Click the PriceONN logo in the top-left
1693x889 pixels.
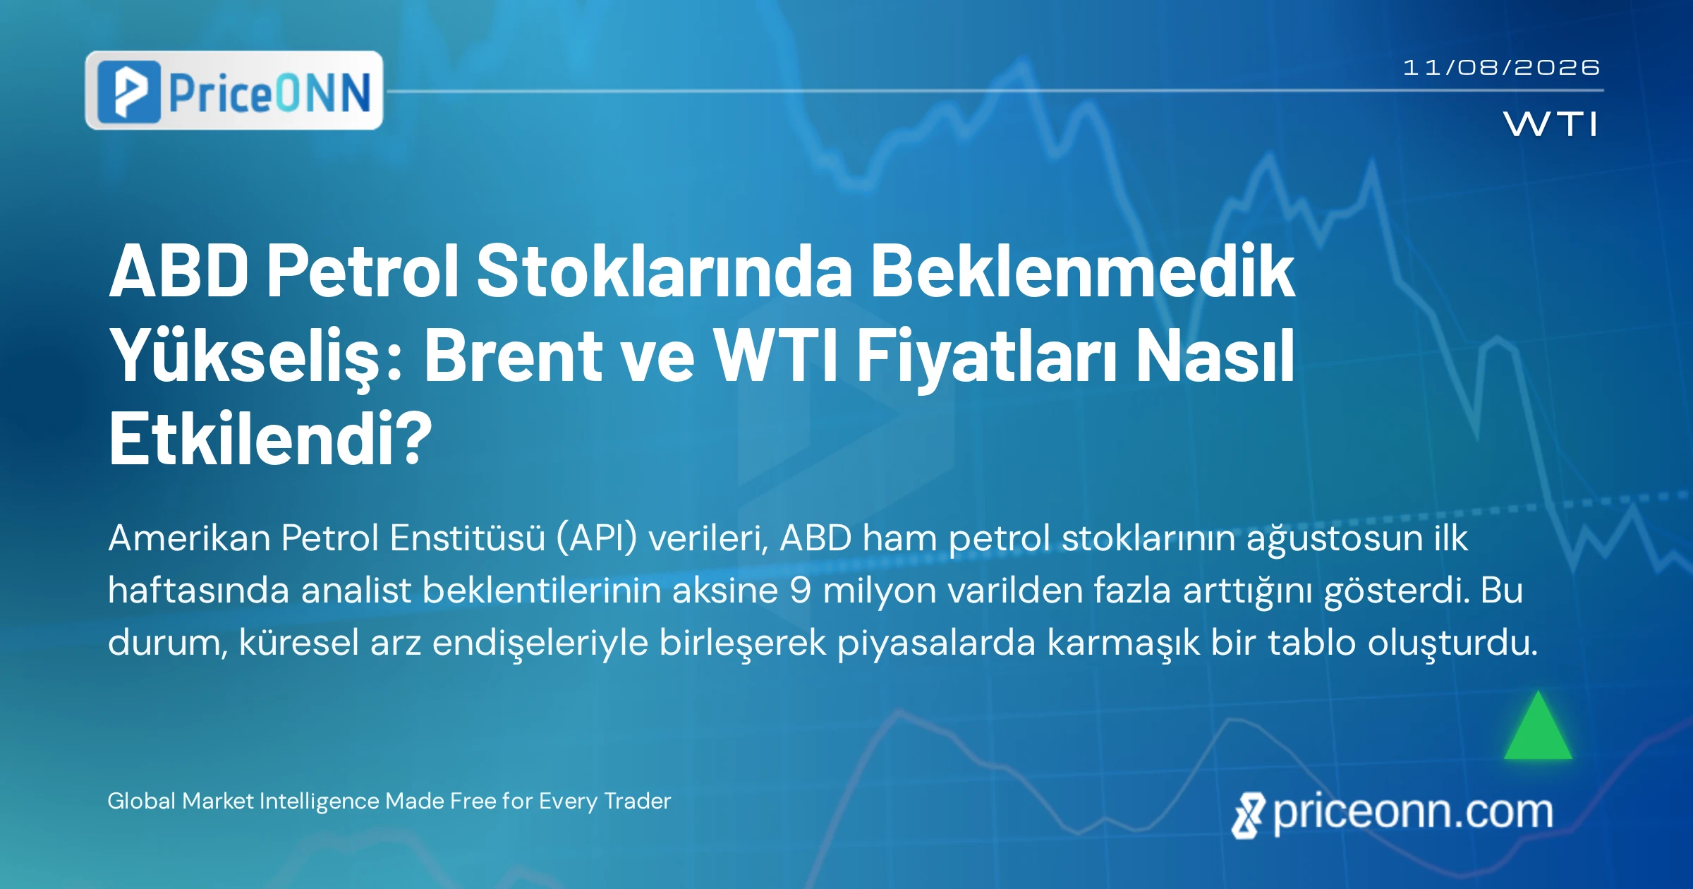pyautogui.click(x=234, y=90)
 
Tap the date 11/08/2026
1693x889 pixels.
pyautogui.click(x=1501, y=68)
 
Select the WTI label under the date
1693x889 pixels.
pyautogui.click(x=1551, y=124)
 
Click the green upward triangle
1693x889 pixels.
pyautogui.click(x=1538, y=725)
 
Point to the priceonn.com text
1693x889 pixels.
pyautogui.click(x=1413, y=812)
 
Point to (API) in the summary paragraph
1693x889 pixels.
pyautogui.click(x=596, y=538)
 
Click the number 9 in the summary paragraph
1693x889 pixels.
pyautogui.click(x=800, y=591)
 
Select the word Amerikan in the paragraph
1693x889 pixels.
pyautogui.click(x=189, y=538)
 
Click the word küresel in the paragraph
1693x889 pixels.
pyautogui.click(x=299, y=643)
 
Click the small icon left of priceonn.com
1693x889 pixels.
pyautogui.click(x=1249, y=816)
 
